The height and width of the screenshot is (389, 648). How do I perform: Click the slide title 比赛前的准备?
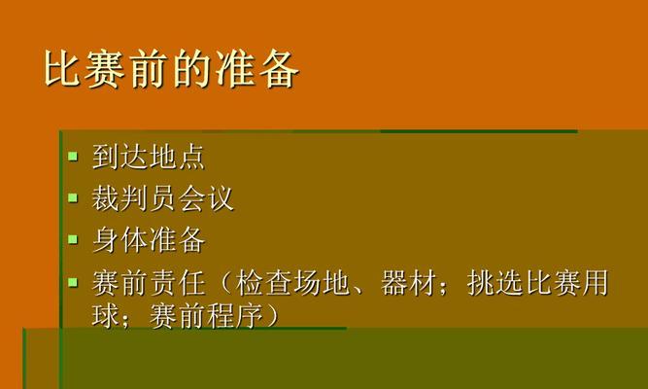[171, 69]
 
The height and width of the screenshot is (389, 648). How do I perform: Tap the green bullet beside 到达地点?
[73, 156]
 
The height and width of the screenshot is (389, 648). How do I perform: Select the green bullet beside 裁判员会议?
[73, 197]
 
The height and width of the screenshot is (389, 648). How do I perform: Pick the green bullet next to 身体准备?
[73, 239]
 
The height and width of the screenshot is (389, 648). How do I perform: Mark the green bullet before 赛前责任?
[73, 283]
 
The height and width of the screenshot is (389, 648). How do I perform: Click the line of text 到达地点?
[149, 157]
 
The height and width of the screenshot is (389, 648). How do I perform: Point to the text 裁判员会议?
[163, 198]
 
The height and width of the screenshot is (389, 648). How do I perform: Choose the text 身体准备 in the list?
[149, 240]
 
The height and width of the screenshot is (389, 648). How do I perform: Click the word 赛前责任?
[149, 283]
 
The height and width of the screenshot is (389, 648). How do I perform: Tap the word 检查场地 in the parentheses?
[292, 283]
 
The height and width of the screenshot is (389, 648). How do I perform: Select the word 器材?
[408, 283]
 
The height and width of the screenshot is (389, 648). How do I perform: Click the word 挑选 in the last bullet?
[495, 283]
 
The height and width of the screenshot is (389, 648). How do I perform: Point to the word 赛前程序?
[206, 316]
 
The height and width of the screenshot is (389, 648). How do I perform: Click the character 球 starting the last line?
[105, 316]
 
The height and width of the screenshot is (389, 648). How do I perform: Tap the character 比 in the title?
[62, 69]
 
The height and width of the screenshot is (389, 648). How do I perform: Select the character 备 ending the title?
[280, 69]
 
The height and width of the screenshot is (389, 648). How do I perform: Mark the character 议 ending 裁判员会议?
[221, 198]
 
